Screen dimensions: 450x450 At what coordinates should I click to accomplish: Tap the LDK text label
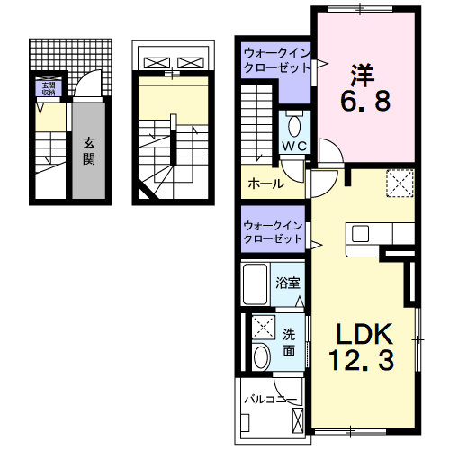365,335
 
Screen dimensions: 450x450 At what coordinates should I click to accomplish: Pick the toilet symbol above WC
295,123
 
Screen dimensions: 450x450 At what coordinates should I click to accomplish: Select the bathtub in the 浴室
256,284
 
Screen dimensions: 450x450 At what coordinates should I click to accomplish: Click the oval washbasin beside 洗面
262,356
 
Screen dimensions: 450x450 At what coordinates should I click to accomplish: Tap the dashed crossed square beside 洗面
263,327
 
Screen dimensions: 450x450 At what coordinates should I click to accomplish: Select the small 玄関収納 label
46,87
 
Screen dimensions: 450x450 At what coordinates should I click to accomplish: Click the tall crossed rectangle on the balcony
297,413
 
